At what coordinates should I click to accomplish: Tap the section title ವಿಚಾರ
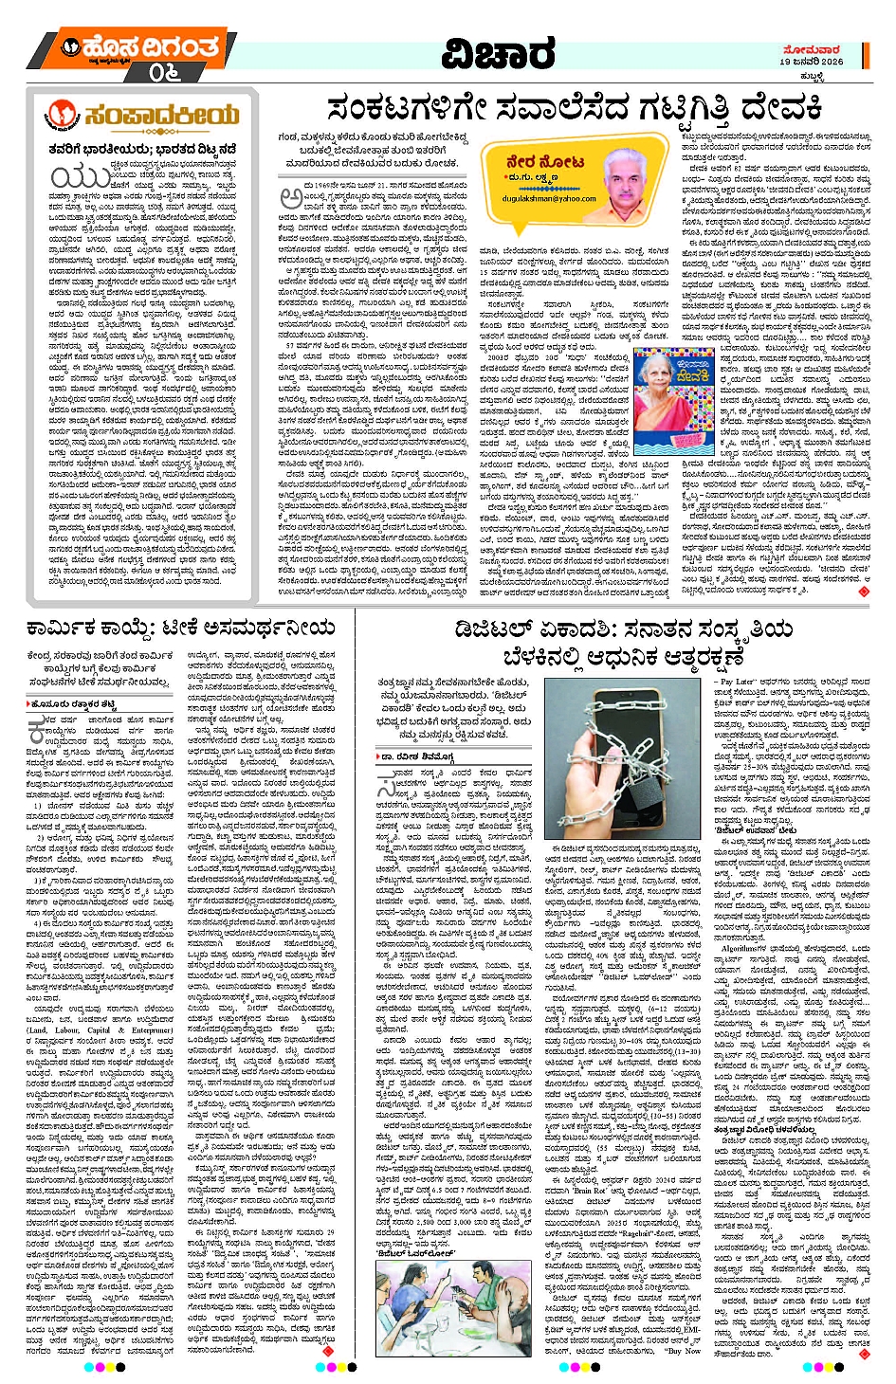point(499,54)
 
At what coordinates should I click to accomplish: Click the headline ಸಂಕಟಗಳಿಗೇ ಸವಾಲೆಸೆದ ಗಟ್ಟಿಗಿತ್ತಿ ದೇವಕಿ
point(575,109)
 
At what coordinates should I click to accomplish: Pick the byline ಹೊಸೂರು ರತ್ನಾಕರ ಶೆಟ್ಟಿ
point(76,704)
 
